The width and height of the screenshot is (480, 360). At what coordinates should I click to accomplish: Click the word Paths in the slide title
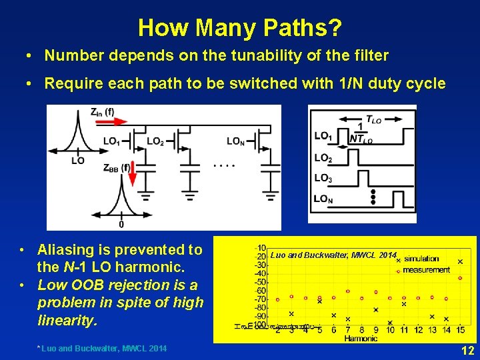299,28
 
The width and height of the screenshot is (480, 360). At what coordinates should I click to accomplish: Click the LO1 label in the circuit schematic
112,141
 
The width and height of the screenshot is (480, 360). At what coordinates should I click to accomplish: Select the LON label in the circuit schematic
235,141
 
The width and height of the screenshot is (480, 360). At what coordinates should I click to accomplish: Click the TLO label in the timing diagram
374,119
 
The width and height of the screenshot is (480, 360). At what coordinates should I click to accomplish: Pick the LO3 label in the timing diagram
323,178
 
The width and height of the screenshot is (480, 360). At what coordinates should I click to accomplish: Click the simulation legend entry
421,259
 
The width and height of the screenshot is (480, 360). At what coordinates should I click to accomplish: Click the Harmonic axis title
361,338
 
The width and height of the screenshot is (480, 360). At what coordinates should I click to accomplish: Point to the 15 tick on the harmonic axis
460,330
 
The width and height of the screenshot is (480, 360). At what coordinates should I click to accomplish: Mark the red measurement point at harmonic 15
460,278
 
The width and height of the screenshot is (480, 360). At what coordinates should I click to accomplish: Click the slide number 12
467,349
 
